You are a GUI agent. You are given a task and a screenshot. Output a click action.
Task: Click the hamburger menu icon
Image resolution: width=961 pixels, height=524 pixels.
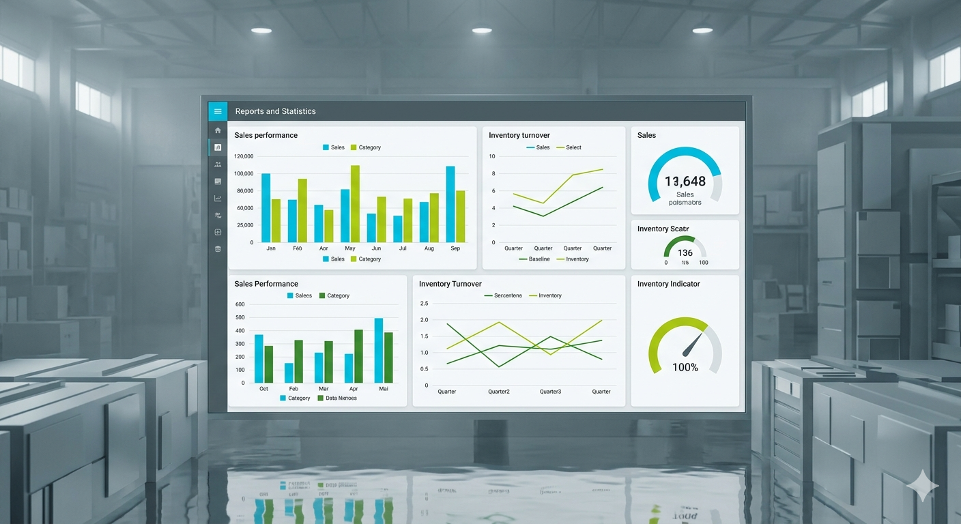[218, 111]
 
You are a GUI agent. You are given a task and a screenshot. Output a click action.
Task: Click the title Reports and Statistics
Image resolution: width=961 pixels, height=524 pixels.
[275, 111]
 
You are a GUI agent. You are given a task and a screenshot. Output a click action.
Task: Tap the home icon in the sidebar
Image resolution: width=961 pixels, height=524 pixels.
[218, 130]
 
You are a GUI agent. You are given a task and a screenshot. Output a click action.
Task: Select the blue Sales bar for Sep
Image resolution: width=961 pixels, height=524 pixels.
[450, 204]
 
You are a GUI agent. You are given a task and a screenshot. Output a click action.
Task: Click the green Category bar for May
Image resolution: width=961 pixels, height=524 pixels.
[355, 203]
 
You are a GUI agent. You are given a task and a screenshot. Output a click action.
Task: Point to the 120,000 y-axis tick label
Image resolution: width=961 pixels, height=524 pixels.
[244, 156]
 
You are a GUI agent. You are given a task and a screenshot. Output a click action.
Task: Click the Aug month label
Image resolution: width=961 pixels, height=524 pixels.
[429, 248]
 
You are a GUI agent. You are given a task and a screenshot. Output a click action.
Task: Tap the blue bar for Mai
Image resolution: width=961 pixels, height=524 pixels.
[378, 350]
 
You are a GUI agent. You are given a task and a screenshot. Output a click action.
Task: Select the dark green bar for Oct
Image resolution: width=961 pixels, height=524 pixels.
[269, 364]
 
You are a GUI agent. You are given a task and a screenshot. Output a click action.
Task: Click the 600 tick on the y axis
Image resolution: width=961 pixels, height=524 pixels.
[240, 304]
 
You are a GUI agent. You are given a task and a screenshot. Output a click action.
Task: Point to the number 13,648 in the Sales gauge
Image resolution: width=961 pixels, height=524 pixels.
[685, 181]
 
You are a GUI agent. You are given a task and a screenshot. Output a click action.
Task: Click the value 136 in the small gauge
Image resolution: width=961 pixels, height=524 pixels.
[685, 252]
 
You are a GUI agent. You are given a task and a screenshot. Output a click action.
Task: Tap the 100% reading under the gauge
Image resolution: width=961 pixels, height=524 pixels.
[685, 368]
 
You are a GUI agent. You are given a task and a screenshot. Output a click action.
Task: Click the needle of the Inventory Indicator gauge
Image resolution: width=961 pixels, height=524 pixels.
[693, 344]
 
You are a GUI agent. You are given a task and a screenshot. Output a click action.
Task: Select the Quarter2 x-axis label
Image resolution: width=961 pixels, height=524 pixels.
[498, 392]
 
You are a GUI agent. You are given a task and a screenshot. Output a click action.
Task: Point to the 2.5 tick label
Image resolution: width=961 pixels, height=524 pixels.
[424, 304]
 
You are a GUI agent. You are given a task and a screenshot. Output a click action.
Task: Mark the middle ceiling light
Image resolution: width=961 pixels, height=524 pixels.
[482, 31]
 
